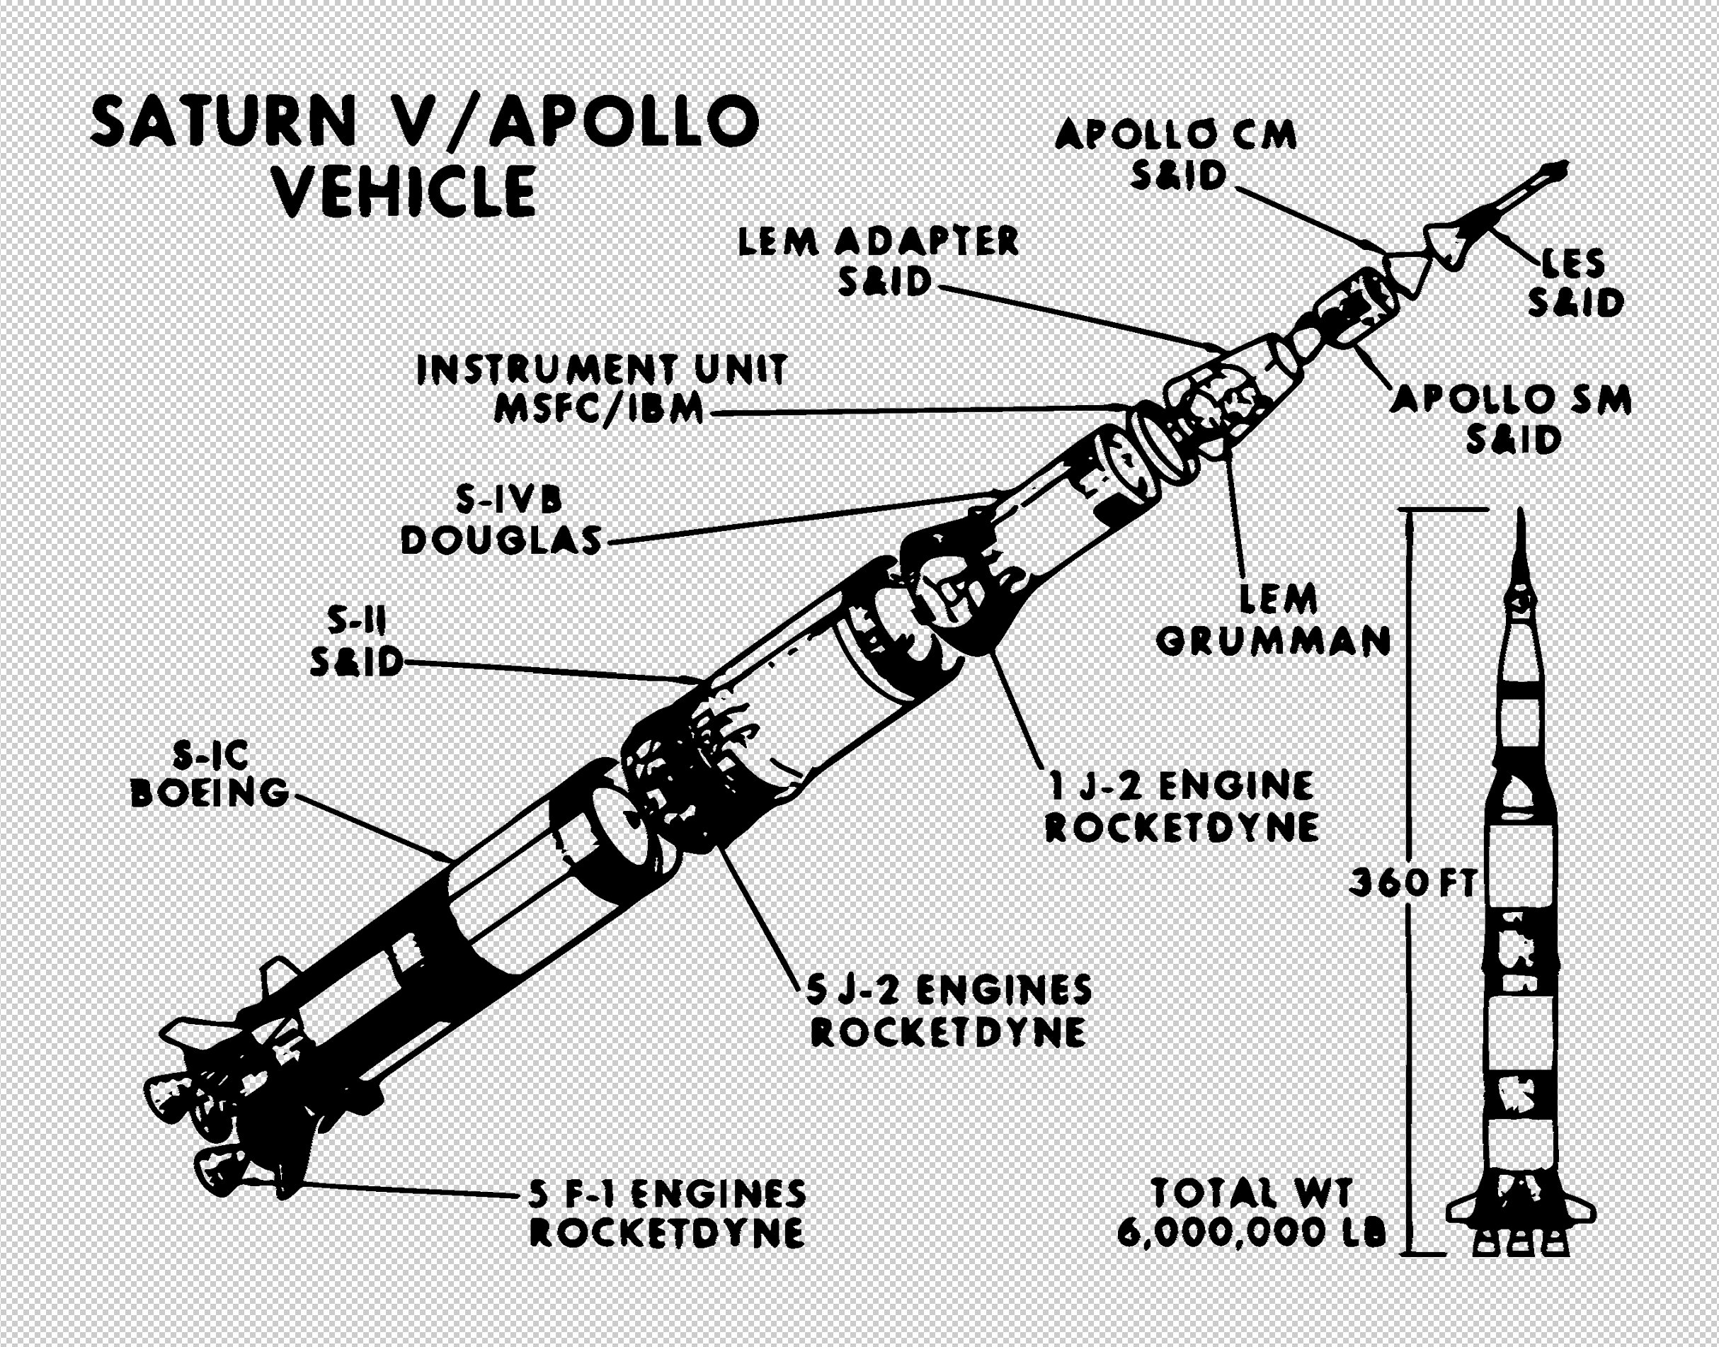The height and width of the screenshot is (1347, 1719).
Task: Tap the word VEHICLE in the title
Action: [x=406, y=192]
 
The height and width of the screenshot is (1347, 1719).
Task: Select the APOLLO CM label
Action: [x=1175, y=136]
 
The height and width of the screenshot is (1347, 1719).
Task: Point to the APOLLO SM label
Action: [x=1510, y=400]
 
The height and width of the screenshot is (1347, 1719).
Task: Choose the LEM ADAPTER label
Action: [x=877, y=242]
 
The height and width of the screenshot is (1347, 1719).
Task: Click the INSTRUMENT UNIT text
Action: [x=601, y=369]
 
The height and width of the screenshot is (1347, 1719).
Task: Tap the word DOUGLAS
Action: [x=501, y=541]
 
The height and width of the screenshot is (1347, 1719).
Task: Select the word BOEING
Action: [x=210, y=792]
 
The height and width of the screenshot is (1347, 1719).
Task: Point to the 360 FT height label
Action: [x=1412, y=883]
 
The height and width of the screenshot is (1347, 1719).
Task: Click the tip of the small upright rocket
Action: [x=1521, y=514]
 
